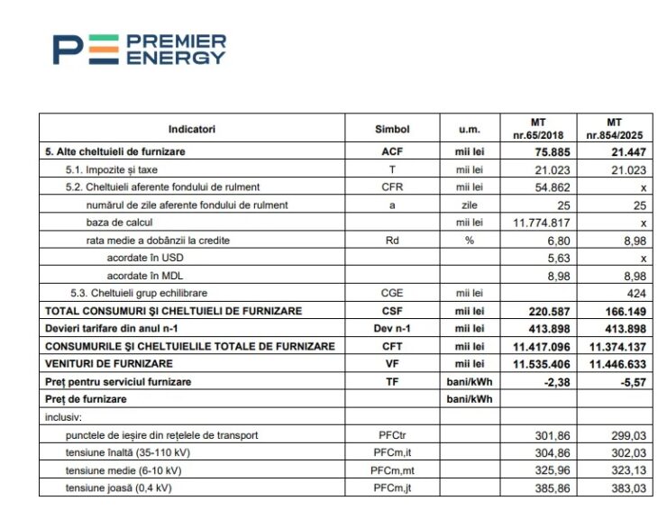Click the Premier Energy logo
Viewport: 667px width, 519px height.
[139, 49]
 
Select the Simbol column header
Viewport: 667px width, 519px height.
[391, 129]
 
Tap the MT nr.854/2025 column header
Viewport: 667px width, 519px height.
[614, 128]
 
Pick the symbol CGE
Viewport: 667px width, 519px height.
[391, 293]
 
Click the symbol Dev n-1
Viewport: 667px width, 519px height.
[391, 328]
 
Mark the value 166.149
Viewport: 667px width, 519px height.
[625, 311]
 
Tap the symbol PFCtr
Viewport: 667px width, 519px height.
[391, 435]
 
